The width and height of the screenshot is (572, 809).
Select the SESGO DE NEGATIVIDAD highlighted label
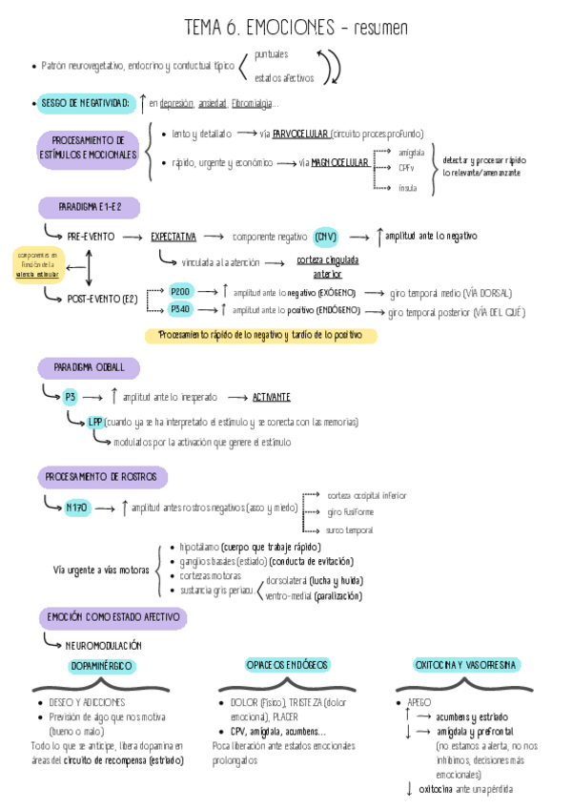coord(84,102)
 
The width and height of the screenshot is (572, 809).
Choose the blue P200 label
coord(181,292)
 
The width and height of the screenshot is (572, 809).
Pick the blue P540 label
coord(181,309)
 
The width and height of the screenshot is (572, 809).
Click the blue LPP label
coord(95,422)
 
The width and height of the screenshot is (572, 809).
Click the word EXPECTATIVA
coord(174,236)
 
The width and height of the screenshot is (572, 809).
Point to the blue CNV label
coord(326,236)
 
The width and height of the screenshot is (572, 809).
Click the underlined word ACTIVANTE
coord(272,396)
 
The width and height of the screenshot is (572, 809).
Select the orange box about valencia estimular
coord(36,264)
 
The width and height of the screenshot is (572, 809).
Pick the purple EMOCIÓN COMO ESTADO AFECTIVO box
coord(112,617)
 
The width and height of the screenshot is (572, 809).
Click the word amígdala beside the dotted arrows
coord(412,152)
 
